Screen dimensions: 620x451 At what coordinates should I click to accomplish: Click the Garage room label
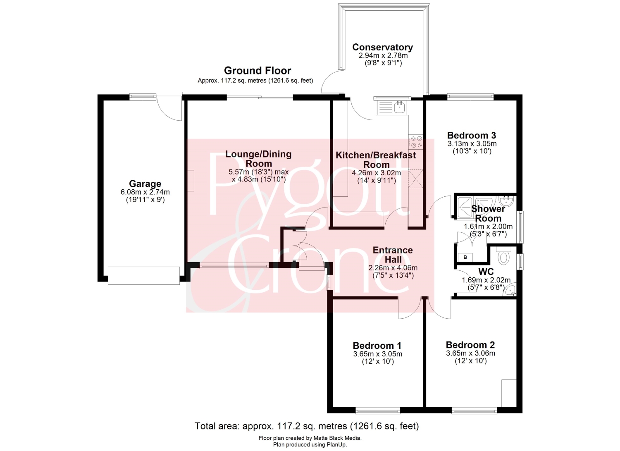click(x=145, y=184)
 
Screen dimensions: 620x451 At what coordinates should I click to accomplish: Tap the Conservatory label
click(x=382, y=47)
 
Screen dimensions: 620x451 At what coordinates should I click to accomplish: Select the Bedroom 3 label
click(x=472, y=136)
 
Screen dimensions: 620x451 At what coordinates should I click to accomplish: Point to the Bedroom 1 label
click(x=377, y=346)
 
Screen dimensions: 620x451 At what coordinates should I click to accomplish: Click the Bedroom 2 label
click(x=470, y=345)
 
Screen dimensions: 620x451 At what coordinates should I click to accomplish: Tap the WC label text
click(x=486, y=271)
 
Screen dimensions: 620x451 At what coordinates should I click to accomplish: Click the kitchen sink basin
click(x=399, y=107)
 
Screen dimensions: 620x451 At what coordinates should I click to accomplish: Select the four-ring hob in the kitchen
click(x=416, y=142)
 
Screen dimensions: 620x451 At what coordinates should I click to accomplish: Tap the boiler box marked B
click(x=465, y=258)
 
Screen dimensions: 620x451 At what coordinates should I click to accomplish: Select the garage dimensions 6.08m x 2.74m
click(x=145, y=192)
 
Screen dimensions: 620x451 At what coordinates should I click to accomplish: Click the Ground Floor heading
click(x=258, y=71)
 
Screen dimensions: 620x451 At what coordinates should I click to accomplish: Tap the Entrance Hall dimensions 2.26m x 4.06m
click(x=393, y=268)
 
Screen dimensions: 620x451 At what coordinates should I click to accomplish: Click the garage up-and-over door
click(x=144, y=275)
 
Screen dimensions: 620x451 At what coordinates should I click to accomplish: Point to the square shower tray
click(x=465, y=207)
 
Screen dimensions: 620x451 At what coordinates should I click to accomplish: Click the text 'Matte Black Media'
click(x=337, y=438)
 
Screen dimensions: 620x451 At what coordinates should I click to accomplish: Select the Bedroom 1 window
click(x=377, y=410)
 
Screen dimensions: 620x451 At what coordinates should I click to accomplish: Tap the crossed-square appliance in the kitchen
click(x=416, y=179)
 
